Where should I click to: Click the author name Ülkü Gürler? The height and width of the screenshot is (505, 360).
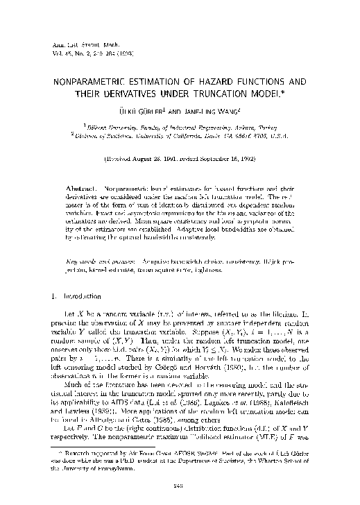[141, 112]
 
